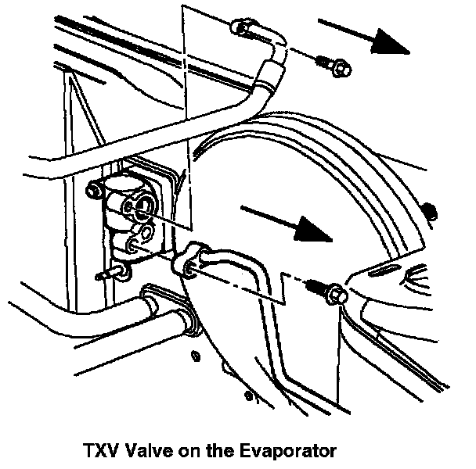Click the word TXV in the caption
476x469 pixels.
pos(99,451)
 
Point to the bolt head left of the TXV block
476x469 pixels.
pos(96,190)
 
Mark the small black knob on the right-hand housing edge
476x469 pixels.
pos(428,209)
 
